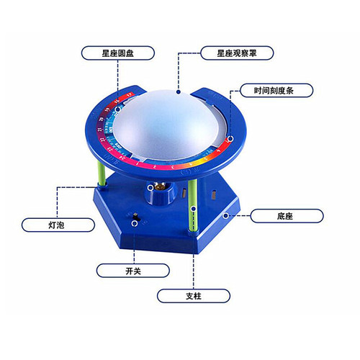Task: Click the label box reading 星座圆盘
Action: pyautogui.click(x=118, y=53)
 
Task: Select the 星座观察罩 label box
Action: pyautogui.click(x=237, y=53)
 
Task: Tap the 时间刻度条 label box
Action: pyautogui.click(x=276, y=91)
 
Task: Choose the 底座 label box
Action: pyautogui.click(x=287, y=216)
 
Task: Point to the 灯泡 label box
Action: pyautogui.click(x=58, y=225)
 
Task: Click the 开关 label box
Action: pyautogui.click(x=133, y=271)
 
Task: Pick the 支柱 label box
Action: pyautogui.click(x=194, y=296)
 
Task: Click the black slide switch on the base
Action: pyautogui.click(x=136, y=217)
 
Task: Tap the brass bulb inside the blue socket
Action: pyautogui.click(x=160, y=186)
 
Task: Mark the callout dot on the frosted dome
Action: pyautogui.click(x=178, y=91)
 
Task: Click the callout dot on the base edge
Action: pyautogui.click(x=225, y=216)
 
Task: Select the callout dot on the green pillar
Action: pyautogui.click(x=193, y=209)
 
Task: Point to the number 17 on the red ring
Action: pyautogui.click(x=130, y=94)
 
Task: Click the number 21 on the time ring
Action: pyautogui.click(x=100, y=130)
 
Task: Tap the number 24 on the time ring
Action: pyautogui.click(x=123, y=158)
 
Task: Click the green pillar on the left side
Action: pyautogui.click(x=102, y=174)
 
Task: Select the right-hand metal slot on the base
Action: pyautogui.click(x=214, y=194)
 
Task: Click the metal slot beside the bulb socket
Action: pyautogui.click(x=184, y=193)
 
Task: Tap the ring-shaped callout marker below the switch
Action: pyautogui.click(x=135, y=224)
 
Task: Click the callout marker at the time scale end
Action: pyautogui.click(x=230, y=139)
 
